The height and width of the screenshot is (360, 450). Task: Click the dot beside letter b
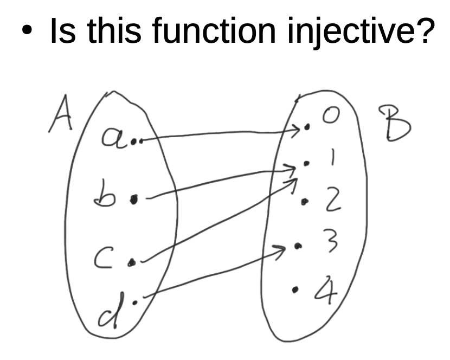134,199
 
